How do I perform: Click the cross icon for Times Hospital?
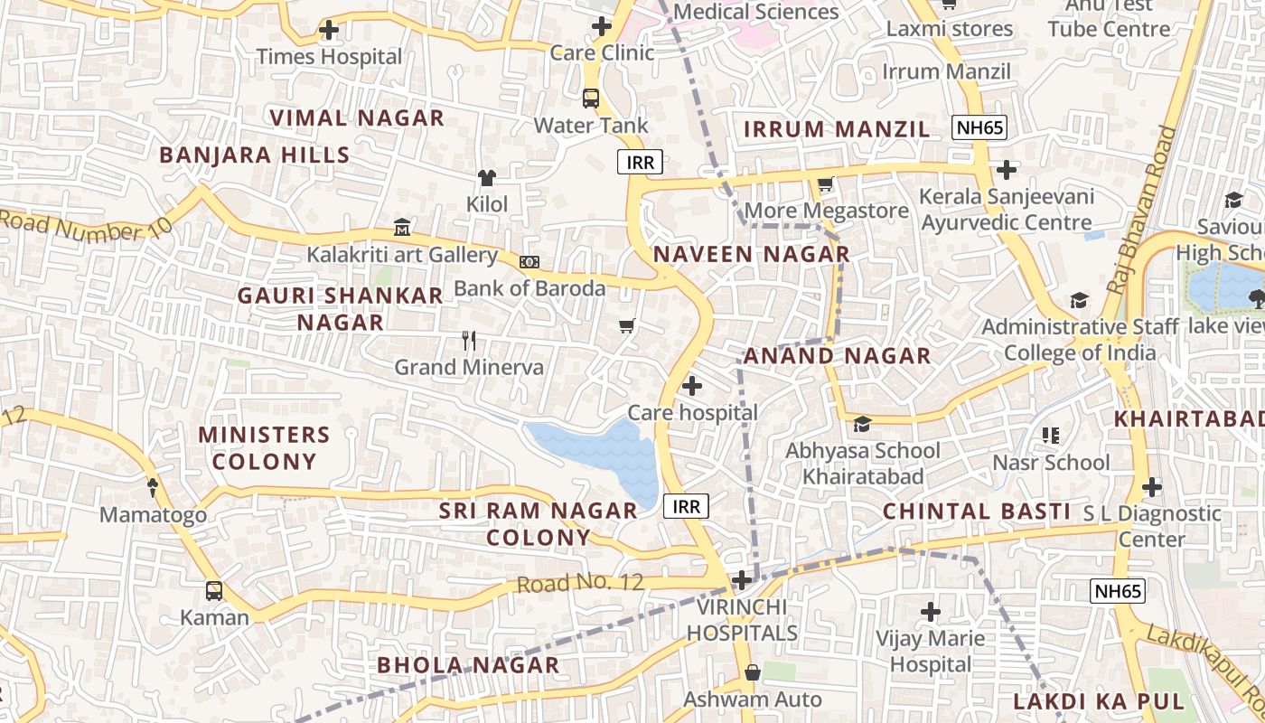coord(329,31)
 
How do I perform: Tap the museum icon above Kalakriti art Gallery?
coord(402,227)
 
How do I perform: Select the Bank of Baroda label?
coord(529,288)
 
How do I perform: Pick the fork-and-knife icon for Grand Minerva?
coord(468,341)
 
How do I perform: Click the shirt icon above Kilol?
coord(487,177)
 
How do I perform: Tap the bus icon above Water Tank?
coord(591,98)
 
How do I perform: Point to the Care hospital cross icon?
coord(692,386)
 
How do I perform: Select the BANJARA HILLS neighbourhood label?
coord(255,155)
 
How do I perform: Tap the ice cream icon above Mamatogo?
coord(153,488)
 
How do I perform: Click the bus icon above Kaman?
coord(214,591)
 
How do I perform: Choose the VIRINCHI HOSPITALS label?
coord(742,620)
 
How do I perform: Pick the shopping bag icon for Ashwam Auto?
coord(752,672)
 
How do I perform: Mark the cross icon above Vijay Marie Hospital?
coord(931,612)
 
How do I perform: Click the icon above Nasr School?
coord(1051,436)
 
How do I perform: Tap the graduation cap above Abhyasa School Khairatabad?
coord(862,424)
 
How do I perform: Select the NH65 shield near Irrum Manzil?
coord(980,127)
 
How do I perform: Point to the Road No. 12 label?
coord(580,583)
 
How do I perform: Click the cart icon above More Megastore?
coord(825,184)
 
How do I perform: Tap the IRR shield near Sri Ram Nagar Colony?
coord(687,506)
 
